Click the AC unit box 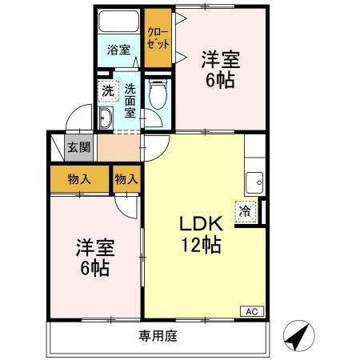pyautogui.click(x=252, y=311)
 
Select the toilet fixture pyautogui.click(x=158, y=94)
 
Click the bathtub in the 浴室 pyautogui.click(x=118, y=22)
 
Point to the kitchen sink pyautogui.click(x=254, y=182)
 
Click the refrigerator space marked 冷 pyautogui.click(x=246, y=211)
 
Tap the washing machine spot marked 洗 pyautogui.click(x=108, y=91)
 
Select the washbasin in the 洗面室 pyautogui.click(x=106, y=118)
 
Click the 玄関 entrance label pyautogui.click(x=78, y=147)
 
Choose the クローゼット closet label pyautogui.click(x=158, y=38)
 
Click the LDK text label pyautogui.click(x=201, y=224)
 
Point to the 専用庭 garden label pyautogui.click(x=158, y=336)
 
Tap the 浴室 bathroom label pyautogui.click(x=118, y=50)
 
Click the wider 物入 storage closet pyautogui.click(x=79, y=179)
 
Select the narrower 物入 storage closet pyautogui.click(x=126, y=179)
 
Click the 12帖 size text pyautogui.click(x=202, y=245)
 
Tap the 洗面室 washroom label pyautogui.click(x=130, y=101)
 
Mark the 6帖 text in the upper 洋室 pyautogui.click(x=220, y=80)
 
